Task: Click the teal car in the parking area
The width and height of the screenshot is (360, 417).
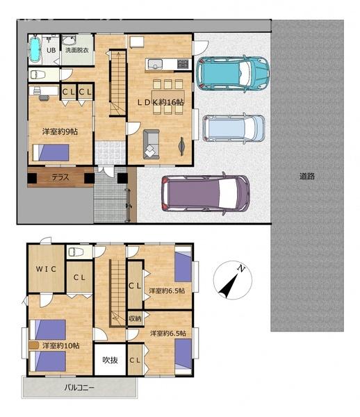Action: (x=233, y=74)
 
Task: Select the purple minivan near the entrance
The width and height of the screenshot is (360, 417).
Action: (x=206, y=193)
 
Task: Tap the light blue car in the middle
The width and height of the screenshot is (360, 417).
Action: (x=234, y=129)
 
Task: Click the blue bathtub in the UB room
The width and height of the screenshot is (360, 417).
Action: (x=35, y=49)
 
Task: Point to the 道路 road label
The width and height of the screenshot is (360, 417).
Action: (x=307, y=176)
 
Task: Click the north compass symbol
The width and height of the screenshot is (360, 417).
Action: (x=233, y=280)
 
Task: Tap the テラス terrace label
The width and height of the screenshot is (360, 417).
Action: (x=60, y=177)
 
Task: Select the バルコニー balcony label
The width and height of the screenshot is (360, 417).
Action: (x=79, y=388)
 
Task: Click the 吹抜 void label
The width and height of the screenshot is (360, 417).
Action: (x=110, y=360)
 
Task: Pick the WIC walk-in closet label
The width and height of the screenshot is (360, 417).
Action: (x=46, y=269)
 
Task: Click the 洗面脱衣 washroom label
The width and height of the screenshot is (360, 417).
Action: (x=77, y=50)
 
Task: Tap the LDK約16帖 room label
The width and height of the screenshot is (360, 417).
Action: (x=161, y=102)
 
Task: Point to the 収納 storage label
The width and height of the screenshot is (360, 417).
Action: (x=135, y=318)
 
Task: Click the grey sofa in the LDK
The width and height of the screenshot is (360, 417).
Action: (x=152, y=145)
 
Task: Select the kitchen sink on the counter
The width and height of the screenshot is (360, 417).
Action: (x=155, y=65)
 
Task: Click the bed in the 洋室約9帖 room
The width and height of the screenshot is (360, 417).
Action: (x=51, y=153)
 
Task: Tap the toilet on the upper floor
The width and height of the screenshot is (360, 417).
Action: (x=76, y=252)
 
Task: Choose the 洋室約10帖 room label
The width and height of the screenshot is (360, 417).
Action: (x=61, y=345)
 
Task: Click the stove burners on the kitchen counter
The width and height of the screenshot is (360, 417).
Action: (x=183, y=64)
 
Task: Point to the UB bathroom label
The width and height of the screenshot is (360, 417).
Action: (x=51, y=50)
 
